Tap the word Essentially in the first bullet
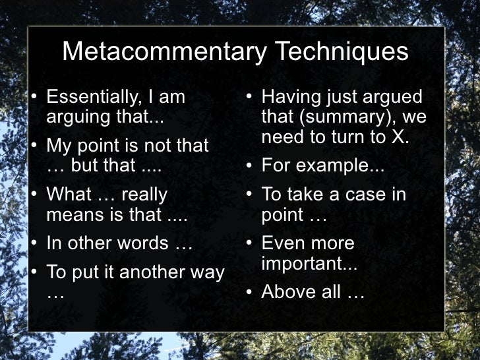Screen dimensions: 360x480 pos(92,98)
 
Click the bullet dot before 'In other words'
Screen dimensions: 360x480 pos(35,243)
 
